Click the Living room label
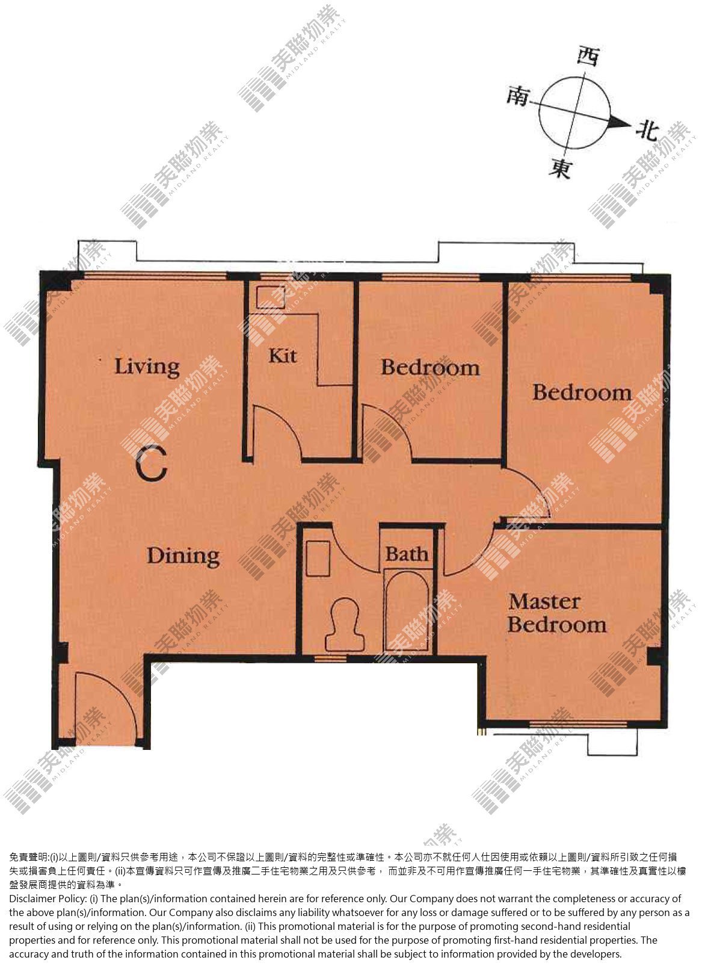[147, 367]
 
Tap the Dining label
[183, 557]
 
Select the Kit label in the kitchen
[283, 356]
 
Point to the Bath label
[407, 554]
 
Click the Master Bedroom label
[557, 613]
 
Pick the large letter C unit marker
[151, 464]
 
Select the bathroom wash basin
[318, 559]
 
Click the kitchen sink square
[270, 297]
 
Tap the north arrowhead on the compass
[619, 124]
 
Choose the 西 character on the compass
[589, 56]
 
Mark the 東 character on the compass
[561, 168]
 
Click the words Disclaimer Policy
[47, 899]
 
